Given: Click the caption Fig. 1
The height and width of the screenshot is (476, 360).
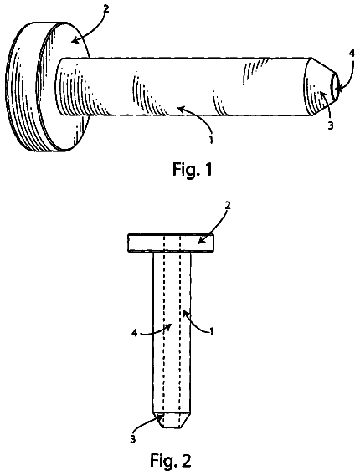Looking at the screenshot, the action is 193,170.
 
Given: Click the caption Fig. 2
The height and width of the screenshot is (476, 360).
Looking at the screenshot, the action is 171,461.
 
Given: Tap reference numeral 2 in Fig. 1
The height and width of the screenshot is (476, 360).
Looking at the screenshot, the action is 105,9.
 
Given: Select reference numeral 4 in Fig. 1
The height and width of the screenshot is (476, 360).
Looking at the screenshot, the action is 352,54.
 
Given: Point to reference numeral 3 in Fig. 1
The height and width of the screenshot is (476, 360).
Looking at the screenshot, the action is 331,125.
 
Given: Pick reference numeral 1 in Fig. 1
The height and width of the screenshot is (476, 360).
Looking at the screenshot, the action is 210,140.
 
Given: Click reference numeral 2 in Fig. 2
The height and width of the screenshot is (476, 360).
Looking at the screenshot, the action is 228,206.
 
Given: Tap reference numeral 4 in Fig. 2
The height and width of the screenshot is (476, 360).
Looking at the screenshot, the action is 134,333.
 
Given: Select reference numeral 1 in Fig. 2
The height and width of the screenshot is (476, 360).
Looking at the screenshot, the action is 212,332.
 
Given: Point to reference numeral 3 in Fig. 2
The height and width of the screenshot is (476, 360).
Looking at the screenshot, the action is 133,439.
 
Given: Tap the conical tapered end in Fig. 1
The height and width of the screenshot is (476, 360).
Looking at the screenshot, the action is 321,86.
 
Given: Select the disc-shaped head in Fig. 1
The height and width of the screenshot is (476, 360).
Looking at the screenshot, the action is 47,86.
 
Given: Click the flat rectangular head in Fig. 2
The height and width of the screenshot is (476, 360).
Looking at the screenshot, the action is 171,243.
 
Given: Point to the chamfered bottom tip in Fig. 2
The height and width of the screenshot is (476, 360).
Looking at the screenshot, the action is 172,420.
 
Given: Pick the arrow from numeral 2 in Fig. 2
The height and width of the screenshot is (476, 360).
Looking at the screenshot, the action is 213,226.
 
